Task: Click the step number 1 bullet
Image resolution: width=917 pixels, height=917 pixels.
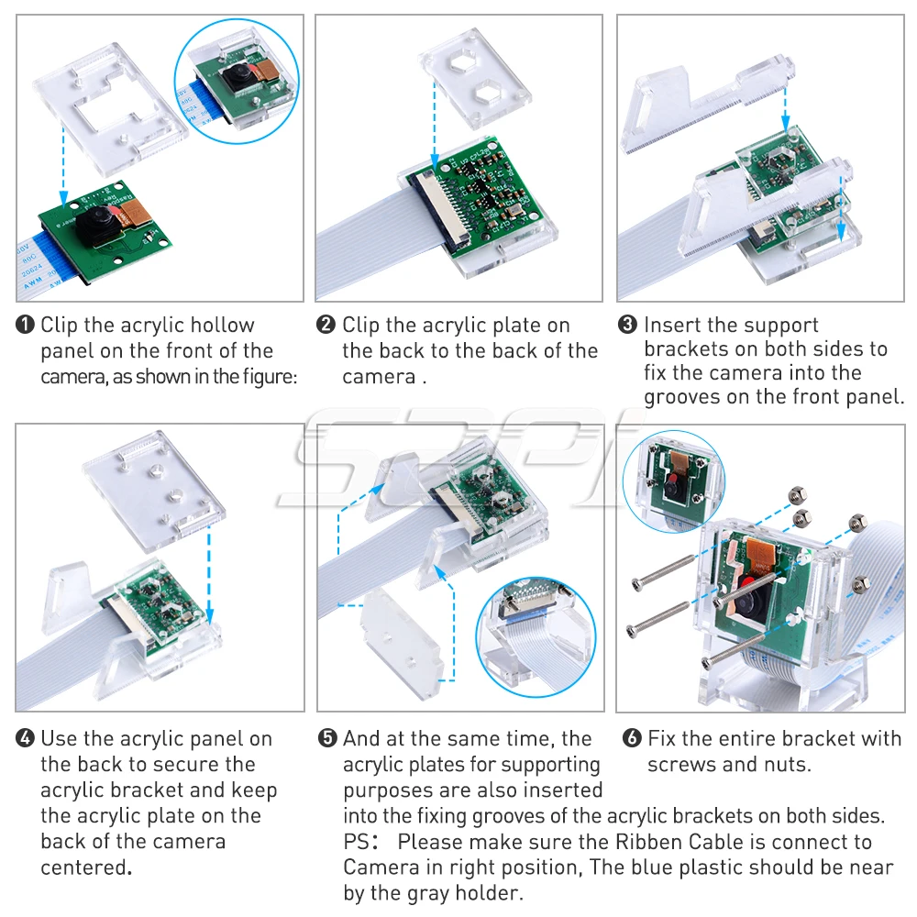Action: tap(25, 324)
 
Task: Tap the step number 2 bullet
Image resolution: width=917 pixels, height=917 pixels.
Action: tap(326, 324)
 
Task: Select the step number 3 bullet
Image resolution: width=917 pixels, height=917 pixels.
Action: tap(627, 324)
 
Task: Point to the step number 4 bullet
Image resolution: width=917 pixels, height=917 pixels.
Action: tap(25, 738)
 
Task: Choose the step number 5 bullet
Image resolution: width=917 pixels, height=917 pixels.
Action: tap(327, 738)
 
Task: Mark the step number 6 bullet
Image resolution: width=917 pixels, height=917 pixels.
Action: tap(632, 738)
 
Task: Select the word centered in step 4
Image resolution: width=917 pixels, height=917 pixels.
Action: tap(85, 867)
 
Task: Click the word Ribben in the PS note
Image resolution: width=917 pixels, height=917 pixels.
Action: tap(649, 842)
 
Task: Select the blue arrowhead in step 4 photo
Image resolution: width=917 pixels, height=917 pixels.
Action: tap(209, 616)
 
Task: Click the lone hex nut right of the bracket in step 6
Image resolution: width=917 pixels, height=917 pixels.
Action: tap(860, 583)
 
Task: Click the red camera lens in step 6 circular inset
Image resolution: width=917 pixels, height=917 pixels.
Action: tap(672, 482)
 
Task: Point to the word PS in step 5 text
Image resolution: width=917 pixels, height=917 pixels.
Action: tap(357, 842)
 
